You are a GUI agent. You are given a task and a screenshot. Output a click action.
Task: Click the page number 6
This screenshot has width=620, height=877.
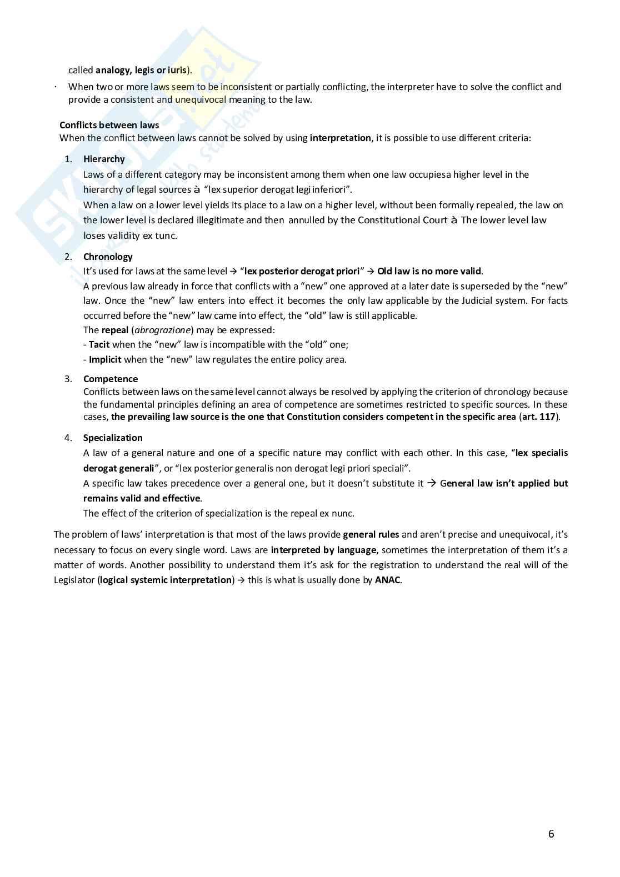click(x=551, y=834)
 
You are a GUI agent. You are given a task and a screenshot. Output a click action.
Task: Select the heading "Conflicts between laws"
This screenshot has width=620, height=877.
click(x=109, y=125)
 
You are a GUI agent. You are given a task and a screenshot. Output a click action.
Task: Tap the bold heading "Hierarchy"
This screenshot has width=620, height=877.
click(x=104, y=159)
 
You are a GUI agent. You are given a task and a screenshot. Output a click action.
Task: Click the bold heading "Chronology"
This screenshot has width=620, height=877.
click(x=108, y=257)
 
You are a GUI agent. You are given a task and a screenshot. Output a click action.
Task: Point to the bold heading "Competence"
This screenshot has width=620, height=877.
click(x=111, y=379)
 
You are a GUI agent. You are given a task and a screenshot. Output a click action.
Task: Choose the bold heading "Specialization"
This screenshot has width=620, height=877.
click(x=113, y=438)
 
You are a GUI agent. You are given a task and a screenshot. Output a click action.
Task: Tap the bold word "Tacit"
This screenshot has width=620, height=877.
click(x=99, y=344)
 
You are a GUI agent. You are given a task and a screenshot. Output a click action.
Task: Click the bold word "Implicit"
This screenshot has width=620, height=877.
click(x=105, y=359)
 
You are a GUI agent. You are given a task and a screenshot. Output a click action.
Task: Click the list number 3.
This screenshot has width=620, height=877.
click(x=68, y=379)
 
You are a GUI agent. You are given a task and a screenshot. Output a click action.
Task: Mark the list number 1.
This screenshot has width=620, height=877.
click(x=68, y=159)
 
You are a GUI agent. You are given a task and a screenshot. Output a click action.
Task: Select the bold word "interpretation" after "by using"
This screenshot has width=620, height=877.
click(x=340, y=138)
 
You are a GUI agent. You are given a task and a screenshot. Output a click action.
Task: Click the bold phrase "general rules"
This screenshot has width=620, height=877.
click(x=371, y=534)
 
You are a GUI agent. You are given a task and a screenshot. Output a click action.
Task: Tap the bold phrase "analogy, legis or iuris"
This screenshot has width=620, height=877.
click(x=141, y=70)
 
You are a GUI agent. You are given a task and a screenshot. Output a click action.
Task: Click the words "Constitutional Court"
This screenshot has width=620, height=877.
click(x=394, y=220)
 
